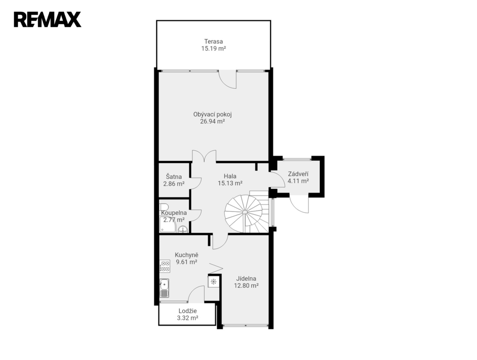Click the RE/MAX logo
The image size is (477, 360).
tap(47, 20)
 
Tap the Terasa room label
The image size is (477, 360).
tap(213, 41)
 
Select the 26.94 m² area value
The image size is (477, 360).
tap(212, 121)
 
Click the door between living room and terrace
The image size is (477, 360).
tap(228, 79)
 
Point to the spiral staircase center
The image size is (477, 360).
tap(245, 212)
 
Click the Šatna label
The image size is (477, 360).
tap(174, 177)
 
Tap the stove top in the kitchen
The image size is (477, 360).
tap(165, 266)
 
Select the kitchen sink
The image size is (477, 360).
tap(165, 288)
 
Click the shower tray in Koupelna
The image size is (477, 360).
tap(167, 225)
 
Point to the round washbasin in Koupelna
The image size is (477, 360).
tap(182, 229)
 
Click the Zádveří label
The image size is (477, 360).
tap(298, 174)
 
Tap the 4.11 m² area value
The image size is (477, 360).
tap(298, 181)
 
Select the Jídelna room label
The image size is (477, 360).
tap(246, 278)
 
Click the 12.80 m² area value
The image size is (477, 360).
tap(246, 285)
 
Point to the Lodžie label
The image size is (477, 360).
tap(188, 311)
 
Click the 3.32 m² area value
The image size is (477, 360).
tap(188, 318)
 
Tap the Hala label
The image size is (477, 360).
tap(230, 176)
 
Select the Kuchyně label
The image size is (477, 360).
tap(187, 255)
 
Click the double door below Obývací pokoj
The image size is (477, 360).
tap(204, 156)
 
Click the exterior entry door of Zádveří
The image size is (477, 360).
tap(299, 203)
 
